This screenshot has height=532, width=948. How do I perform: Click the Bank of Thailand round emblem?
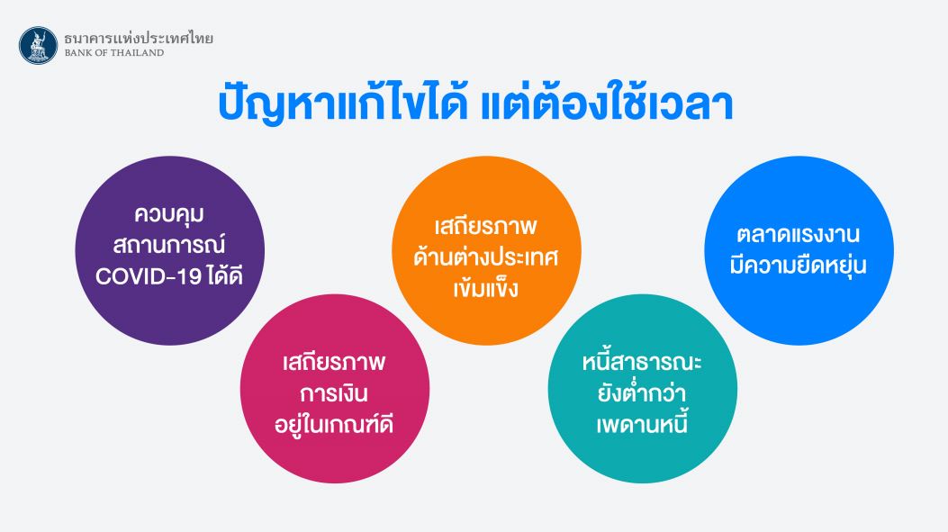(x=38, y=45)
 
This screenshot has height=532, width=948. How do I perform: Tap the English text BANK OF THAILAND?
(x=114, y=52)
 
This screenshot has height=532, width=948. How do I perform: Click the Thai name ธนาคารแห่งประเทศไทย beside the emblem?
(x=139, y=38)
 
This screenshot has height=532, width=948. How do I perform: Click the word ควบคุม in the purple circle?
(x=169, y=214)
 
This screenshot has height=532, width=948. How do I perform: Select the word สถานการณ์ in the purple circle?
(x=169, y=244)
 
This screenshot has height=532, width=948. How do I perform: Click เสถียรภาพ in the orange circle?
(x=486, y=226)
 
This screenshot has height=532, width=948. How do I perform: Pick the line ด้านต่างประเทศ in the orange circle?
(x=486, y=257)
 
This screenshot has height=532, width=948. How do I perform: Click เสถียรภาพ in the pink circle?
(x=334, y=362)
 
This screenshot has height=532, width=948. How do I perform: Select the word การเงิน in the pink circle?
(x=334, y=393)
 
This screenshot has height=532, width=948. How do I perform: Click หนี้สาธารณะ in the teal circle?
(x=642, y=362)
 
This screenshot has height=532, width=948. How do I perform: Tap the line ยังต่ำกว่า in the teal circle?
(x=642, y=393)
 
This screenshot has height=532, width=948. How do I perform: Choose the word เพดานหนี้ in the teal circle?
(x=642, y=423)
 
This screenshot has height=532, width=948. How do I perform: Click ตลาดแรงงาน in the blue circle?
(x=798, y=235)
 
